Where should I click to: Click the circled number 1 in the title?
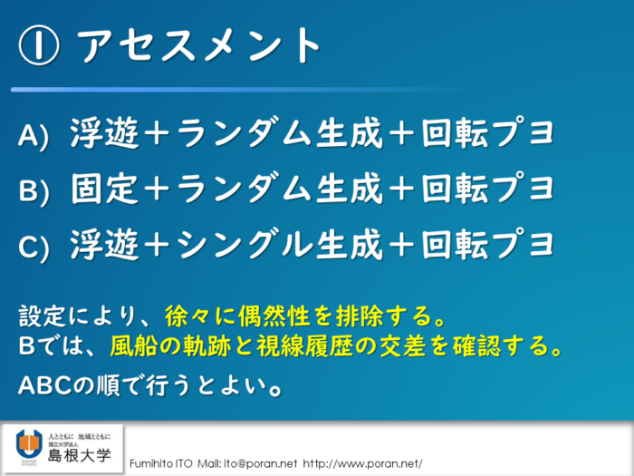[39, 45]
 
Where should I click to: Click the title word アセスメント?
[199, 45]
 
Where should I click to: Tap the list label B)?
[34, 191]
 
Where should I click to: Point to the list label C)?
[34, 247]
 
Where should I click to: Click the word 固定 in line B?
[105, 189]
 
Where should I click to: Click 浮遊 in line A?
[105, 132]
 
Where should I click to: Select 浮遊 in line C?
[105, 245]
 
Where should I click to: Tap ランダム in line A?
[245, 132]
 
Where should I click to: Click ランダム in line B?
[245, 189]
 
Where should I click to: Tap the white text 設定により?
[77, 316]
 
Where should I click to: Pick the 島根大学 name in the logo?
[80, 456]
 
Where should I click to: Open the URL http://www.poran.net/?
[362, 464]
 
